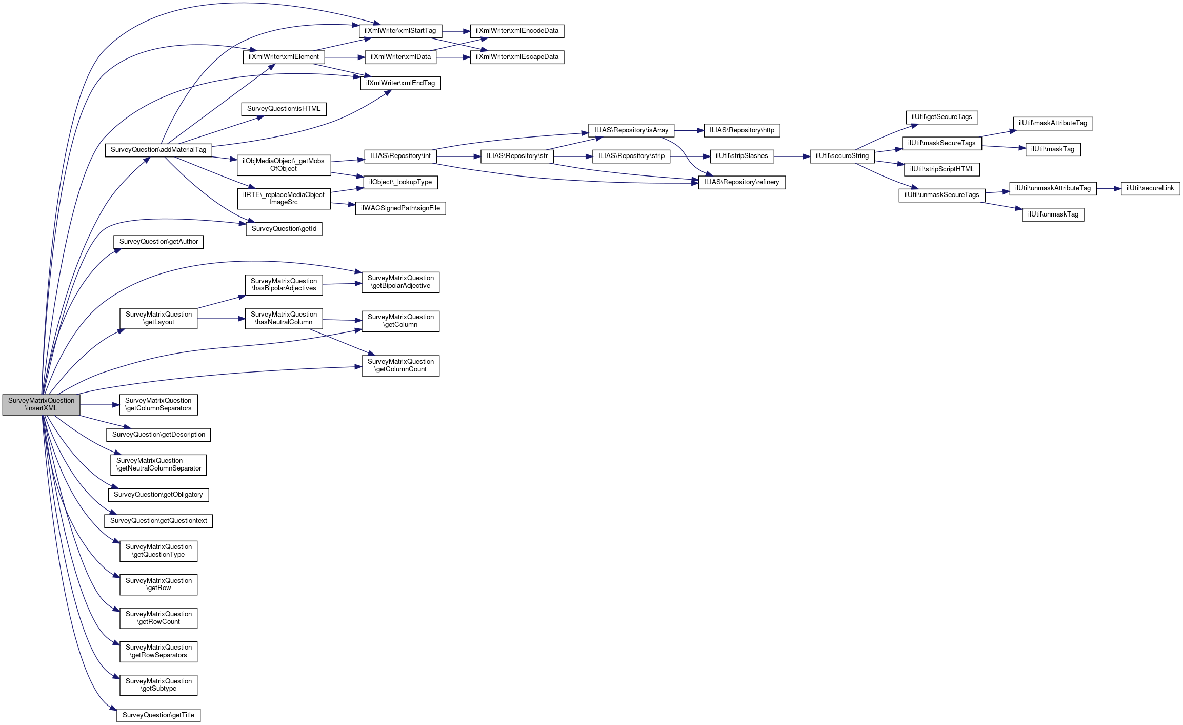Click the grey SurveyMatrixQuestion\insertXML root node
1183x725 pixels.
tap(41, 405)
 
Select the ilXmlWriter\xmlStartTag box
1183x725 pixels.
tap(400, 31)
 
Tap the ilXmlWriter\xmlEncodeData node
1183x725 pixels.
tap(517, 31)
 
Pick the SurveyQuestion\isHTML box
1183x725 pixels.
tap(284, 109)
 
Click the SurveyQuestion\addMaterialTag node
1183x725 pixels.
tap(158, 150)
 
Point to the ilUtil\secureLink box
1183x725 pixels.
tap(1150, 188)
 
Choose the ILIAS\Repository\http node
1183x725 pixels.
tap(742, 130)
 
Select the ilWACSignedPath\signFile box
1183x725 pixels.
tap(400, 208)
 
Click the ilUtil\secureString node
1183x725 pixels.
tap(842, 156)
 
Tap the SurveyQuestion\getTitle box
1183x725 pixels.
tap(158, 715)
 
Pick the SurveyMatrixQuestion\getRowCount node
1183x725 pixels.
tap(158, 618)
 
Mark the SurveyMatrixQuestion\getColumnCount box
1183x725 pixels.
tap(400, 366)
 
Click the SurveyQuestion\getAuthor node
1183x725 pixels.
tap(158, 242)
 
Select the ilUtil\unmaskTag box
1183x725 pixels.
tap(1053, 214)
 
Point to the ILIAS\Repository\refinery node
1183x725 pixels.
tap(741, 182)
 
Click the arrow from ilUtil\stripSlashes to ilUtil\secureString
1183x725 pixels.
tap(792, 156)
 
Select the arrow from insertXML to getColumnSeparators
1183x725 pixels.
tap(99, 405)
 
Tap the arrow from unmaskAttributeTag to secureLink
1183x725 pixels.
tap(1109, 188)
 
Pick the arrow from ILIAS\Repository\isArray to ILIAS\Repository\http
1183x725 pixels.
tap(689, 130)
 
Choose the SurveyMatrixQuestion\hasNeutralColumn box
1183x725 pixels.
tap(284, 319)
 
